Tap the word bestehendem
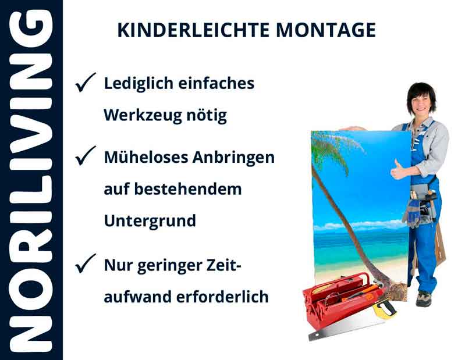pyautogui.click(x=189, y=189)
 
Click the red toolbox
pyautogui.click(x=338, y=302)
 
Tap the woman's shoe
pyautogui.click(x=424, y=299)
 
